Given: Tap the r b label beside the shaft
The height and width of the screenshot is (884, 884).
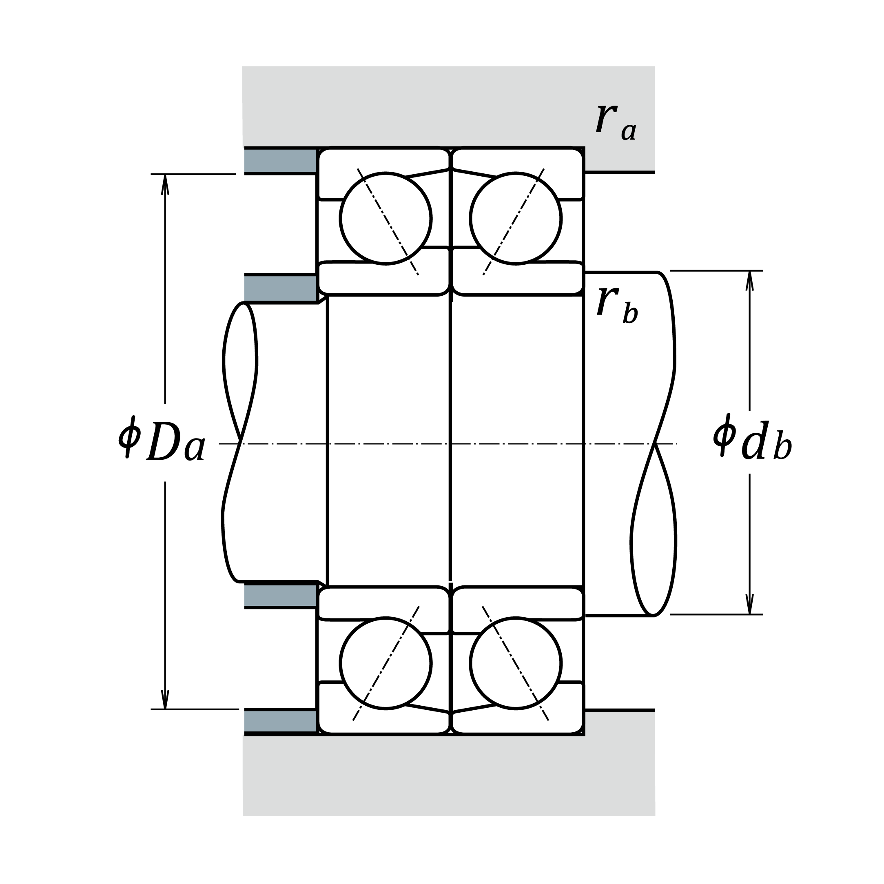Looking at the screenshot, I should [x=617, y=306].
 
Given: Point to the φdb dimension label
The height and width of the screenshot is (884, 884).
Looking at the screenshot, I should [x=752, y=440].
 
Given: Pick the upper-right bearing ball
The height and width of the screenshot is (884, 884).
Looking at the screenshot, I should [x=516, y=218].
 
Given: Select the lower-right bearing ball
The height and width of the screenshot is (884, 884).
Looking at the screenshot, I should [x=516, y=663].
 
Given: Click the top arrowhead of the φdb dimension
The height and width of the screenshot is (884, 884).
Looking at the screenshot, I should [x=749, y=280].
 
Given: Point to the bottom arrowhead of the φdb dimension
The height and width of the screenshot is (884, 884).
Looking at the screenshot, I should [x=749, y=605].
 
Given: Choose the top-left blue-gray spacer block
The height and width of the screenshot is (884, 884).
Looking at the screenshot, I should [x=280, y=161].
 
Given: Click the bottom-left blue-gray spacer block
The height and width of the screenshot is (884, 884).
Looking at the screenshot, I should [x=280, y=722].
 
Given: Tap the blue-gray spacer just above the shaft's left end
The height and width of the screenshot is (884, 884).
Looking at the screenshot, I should [x=280, y=288].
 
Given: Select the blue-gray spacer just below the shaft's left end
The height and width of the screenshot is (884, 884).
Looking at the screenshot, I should [x=280, y=595].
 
